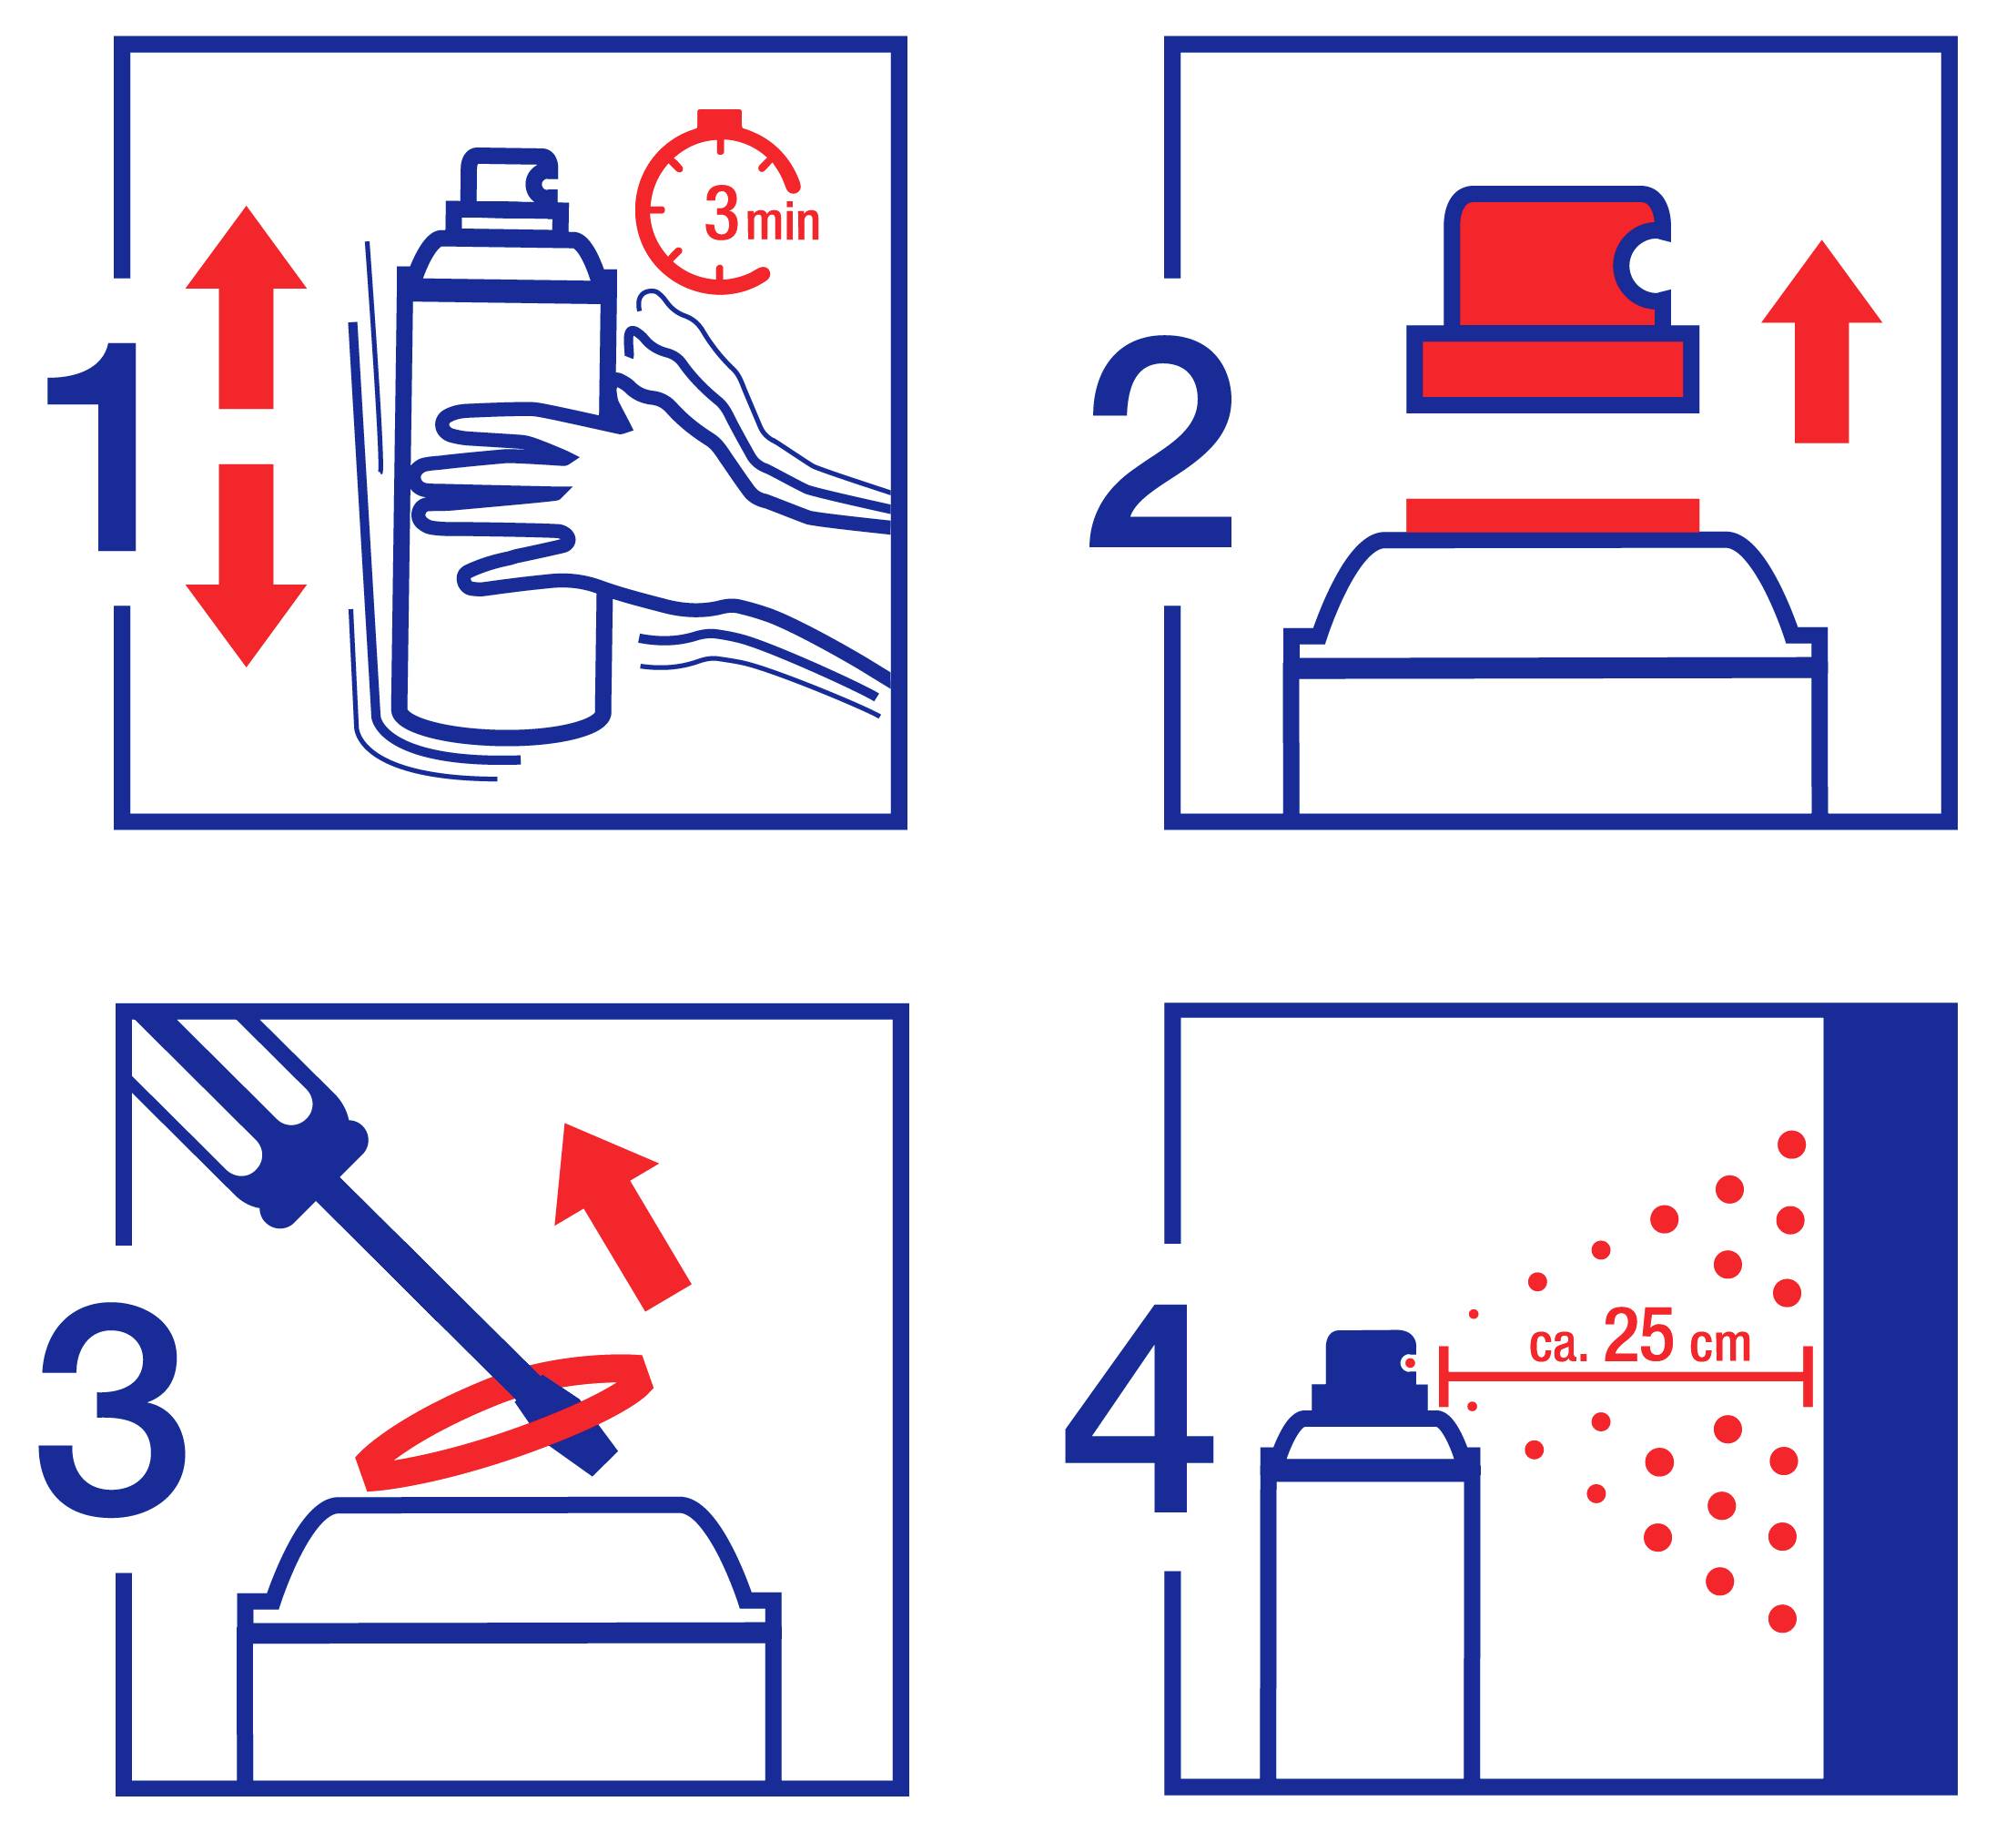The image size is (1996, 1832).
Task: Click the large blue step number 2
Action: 1160,443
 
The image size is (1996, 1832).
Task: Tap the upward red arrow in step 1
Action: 246,308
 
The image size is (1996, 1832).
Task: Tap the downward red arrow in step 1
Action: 246,565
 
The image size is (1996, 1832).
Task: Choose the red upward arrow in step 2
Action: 1821,342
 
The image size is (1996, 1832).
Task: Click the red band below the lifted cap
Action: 1552,515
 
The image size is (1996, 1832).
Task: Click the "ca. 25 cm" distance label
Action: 1640,1338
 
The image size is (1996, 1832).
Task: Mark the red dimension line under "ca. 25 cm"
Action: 1626,1377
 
